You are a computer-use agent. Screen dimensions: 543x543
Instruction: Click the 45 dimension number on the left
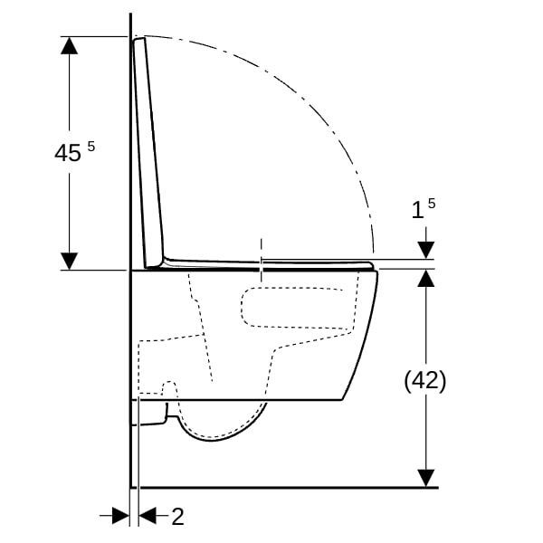point(68,153)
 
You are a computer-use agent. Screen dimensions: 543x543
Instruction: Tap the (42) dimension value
point(424,381)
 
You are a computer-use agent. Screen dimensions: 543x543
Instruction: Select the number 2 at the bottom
point(177,517)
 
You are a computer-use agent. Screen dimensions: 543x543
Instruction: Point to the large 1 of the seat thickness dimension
point(417,210)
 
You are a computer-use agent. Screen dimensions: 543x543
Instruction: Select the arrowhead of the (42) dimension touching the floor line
point(425,477)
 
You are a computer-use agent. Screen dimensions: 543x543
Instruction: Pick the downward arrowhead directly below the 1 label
point(425,248)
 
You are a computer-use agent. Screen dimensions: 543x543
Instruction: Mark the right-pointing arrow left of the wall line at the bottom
point(119,516)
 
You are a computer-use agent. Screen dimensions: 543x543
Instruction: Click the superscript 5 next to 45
point(90,146)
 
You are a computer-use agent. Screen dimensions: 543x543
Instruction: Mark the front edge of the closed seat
point(372,264)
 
